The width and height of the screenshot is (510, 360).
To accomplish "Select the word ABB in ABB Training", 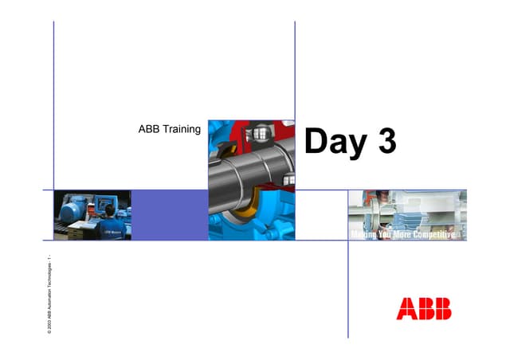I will (147, 129).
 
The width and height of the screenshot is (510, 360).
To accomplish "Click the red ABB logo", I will (423, 308).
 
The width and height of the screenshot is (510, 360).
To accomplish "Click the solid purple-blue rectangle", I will (169, 214).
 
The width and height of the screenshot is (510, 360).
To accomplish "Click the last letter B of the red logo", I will (441, 308).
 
